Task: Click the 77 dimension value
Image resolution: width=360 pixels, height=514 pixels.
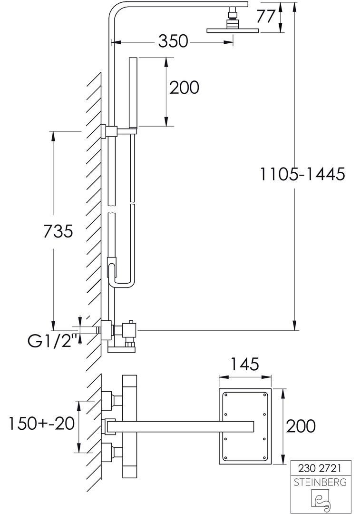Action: pyautogui.click(x=265, y=17)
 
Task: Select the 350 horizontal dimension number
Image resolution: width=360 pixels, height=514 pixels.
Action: pyautogui.click(x=173, y=41)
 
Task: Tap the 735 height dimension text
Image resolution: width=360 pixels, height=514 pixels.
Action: pyautogui.click(x=58, y=232)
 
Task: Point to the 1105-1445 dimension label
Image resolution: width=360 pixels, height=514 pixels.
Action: pyautogui.click(x=302, y=174)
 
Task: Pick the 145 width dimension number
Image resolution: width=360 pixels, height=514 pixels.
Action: pyautogui.click(x=245, y=364)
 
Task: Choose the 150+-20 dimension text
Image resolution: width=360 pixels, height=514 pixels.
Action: pyautogui.click(x=41, y=424)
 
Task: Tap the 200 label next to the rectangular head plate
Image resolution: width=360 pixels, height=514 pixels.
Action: pyautogui.click(x=301, y=426)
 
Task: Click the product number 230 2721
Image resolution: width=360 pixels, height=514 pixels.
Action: pyautogui.click(x=320, y=468)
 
